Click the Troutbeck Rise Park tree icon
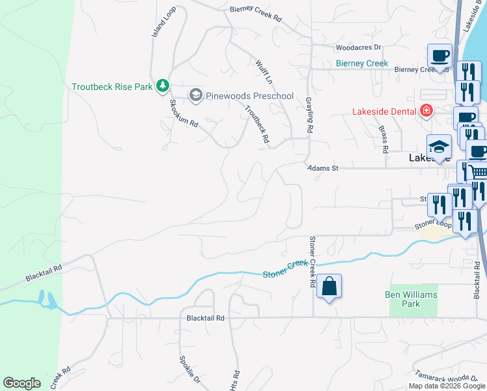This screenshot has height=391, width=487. pos(162,85)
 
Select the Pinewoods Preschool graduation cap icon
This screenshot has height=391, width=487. pos(195,96)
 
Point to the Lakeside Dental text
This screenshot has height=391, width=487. pos(384,111)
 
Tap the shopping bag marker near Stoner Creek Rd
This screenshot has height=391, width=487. pos(329,286)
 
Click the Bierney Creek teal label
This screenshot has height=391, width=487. pos(362,63)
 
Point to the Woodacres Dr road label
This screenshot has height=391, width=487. pos(358,48)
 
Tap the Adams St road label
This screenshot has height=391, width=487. pos(323,168)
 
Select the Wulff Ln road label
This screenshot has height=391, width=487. pos(264,72)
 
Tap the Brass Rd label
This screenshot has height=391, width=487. pos(384,139)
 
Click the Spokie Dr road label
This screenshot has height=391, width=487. pos(189,369)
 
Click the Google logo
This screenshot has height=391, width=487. pos(22,383)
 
